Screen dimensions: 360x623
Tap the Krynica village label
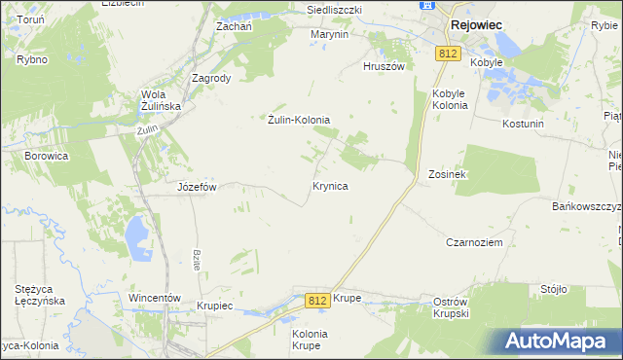click(330, 184)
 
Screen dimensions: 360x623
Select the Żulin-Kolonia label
click(299, 120)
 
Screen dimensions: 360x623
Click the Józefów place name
click(196, 186)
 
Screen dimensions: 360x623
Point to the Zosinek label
click(448, 174)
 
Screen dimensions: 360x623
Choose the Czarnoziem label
click(474, 242)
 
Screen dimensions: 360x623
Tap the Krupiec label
click(214, 306)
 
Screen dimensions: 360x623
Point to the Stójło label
click(554, 289)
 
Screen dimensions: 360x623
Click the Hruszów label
click(383, 66)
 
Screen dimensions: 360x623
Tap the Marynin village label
click(329, 34)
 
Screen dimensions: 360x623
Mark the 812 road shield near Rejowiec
click(448, 54)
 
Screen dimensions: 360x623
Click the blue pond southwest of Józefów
click(136, 234)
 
